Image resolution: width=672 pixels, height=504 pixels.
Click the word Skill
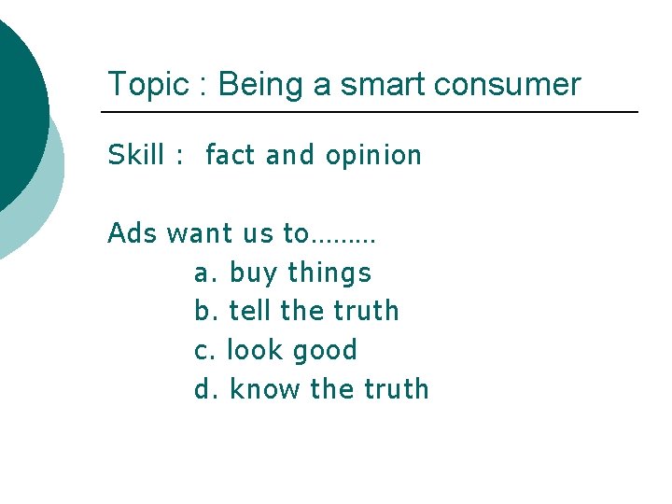pos(134,155)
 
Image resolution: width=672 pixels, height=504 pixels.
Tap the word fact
pos(230,155)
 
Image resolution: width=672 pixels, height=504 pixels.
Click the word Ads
pos(132,232)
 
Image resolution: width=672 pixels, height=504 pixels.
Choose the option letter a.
pos(203,273)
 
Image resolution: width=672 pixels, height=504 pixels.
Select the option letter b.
pos(203,311)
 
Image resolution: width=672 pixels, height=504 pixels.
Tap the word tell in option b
pos(249,311)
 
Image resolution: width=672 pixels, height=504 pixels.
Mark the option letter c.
pos(202,351)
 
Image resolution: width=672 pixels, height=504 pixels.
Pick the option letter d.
pos(203,389)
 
